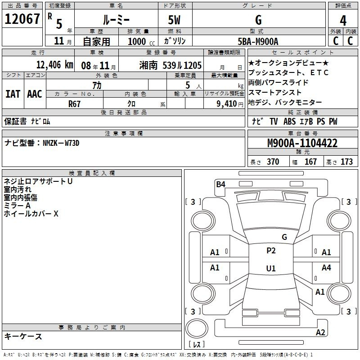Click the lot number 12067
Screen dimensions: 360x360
(x=22, y=19)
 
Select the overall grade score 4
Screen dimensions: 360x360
(x=343, y=20)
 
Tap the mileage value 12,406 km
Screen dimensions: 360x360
(x=55, y=65)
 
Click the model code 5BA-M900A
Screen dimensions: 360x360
(x=258, y=41)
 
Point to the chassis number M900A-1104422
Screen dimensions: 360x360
(x=302, y=143)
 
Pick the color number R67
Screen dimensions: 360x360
(x=74, y=104)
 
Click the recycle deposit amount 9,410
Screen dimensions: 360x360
(x=227, y=104)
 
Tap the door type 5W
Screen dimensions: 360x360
(x=174, y=20)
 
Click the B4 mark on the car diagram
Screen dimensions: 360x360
(x=220, y=184)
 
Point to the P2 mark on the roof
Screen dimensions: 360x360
(x=271, y=251)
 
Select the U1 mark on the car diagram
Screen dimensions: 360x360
(x=271, y=268)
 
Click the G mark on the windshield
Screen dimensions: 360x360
(x=284, y=237)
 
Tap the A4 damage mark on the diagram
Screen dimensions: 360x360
(x=326, y=267)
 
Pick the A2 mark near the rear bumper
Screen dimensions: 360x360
(x=320, y=333)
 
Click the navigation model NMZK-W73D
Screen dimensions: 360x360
(x=61, y=143)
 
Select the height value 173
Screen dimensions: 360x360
(x=346, y=162)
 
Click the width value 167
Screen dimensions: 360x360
(x=310, y=162)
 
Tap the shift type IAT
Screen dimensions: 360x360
(x=13, y=94)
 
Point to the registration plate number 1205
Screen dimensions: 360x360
(x=193, y=65)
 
